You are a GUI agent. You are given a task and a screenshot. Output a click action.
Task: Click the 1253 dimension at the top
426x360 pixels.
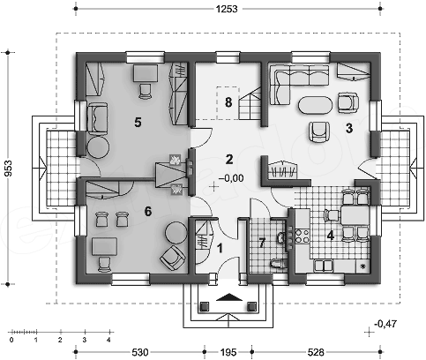click(227, 9)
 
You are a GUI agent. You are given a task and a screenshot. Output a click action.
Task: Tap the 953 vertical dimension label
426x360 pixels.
click(9, 168)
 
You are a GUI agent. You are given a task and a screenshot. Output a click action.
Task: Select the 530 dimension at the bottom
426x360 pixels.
click(140, 352)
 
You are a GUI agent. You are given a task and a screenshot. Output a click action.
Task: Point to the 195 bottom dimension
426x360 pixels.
click(228, 352)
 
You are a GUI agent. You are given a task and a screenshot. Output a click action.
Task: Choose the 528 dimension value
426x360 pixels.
click(316, 352)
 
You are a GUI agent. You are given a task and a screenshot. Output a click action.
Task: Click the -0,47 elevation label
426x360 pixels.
click(385, 324)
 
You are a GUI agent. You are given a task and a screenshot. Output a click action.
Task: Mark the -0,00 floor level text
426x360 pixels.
click(231, 178)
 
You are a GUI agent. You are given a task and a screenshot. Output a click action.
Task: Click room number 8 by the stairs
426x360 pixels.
click(228, 102)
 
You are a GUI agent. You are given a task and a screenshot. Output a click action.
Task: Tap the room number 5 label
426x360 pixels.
click(138, 122)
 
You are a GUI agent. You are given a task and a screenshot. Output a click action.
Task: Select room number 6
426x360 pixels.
click(148, 211)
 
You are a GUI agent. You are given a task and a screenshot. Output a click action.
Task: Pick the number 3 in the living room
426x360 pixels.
click(349, 128)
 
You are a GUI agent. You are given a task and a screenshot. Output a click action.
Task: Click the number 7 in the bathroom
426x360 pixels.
click(262, 243)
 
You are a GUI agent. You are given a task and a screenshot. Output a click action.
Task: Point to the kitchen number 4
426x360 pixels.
click(331, 236)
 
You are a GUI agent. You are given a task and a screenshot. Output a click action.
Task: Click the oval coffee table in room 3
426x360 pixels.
click(316, 105)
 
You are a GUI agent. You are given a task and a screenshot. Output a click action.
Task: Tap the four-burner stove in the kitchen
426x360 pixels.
click(303, 236)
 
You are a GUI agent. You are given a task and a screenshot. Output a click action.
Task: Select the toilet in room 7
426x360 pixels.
click(279, 263)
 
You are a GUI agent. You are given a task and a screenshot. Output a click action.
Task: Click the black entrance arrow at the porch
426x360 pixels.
click(229, 297)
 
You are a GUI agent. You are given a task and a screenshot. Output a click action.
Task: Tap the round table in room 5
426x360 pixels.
click(98, 146)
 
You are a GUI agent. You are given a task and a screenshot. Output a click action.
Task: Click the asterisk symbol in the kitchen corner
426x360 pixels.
click(362, 266)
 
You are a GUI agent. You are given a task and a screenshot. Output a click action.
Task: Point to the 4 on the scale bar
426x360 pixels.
click(108, 340)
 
